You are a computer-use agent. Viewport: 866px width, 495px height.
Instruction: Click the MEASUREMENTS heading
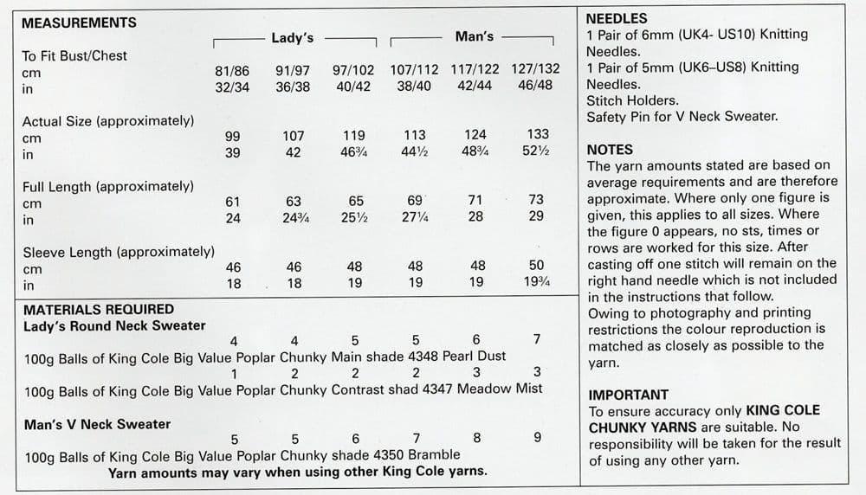pyautogui.click(x=79, y=23)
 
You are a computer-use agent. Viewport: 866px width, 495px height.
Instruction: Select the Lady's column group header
pyautogui.click(x=293, y=38)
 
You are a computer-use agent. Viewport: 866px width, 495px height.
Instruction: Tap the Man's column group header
pyautogui.click(x=474, y=37)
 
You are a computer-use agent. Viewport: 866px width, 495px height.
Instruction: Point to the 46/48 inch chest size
pyautogui.click(x=535, y=87)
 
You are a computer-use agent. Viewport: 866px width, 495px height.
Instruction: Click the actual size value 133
pyautogui.click(x=536, y=136)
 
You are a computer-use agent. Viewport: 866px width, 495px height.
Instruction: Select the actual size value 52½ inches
pyautogui.click(x=536, y=153)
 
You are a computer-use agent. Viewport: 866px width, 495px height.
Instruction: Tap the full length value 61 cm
pyautogui.click(x=232, y=201)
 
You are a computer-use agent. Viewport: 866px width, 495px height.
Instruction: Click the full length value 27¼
pyautogui.click(x=415, y=217)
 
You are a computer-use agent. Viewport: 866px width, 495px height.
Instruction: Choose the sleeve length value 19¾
pyautogui.click(x=536, y=283)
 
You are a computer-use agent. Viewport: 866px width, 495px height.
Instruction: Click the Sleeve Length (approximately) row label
pyautogui.click(x=118, y=253)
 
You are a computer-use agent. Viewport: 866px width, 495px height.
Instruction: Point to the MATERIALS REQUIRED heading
pyautogui.click(x=98, y=309)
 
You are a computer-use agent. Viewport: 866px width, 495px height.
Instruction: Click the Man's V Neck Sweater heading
pyautogui.click(x=98, y=424)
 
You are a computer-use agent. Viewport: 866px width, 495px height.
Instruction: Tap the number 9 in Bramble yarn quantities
pyautogui.click(x=537, y=438)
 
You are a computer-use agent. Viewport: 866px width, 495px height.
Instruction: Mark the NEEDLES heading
pyautogui.click(x=617, y=18)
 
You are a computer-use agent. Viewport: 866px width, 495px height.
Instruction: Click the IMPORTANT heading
pyautogui.click(x=629, y=394)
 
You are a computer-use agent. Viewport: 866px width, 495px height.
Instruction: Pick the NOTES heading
pyautogui.click(x=610, y=150)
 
